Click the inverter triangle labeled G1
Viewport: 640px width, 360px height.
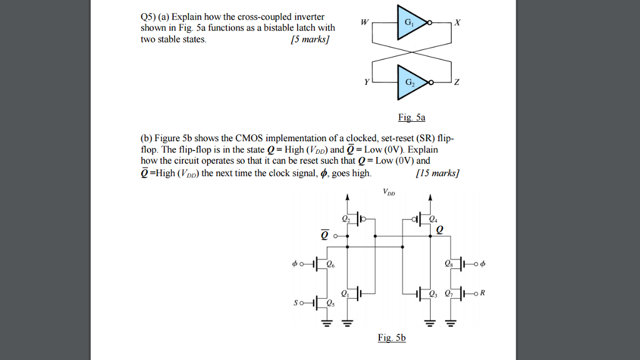(x=409, y=23)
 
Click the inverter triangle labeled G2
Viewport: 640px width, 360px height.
(x=409, y=82)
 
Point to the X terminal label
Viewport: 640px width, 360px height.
(x=457, y=22)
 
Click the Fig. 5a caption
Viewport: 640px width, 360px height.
(x=411, y=117)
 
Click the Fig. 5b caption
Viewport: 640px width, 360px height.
(x=392, y=337)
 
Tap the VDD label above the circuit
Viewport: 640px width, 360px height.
(x=390, y=193)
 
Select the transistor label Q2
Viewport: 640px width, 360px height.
(x=346, y=219)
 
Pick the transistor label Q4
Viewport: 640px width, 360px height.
(x=433, y=219)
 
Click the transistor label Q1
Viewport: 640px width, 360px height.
(x=346, y=293)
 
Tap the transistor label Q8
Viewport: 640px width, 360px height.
(x=448, y=264)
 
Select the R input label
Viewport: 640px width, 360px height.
(x=482, y=292)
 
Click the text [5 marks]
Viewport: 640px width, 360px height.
(x=310, y=39)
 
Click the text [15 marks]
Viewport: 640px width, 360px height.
(x=437, y=173)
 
